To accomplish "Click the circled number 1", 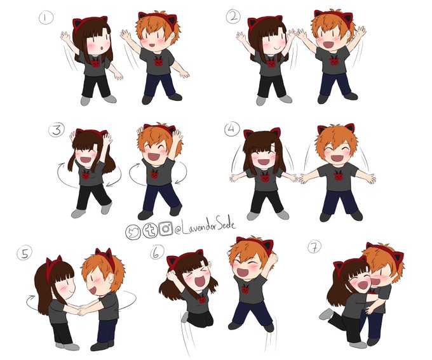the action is pyautogui.click(x=46, y=18).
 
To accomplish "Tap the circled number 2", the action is pyautogui.click(x=233, y=17).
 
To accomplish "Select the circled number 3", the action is pyautogui.click(x=57, y=130).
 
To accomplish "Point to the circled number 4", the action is pyautogui.click(x=232, y=130).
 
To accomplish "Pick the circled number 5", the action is pyautogui.click(x=25, y=254).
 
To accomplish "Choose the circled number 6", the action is pyautogui.click(x=157, y=253).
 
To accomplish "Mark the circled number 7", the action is pyautogui.click(x=314, y=247).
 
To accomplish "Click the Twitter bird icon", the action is pyautogui.click(x=133, y=232).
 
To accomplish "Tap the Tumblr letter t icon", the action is pyautogui.click(x=150, y=230).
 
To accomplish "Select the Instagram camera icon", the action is pyautogui.click(x=166, y=229).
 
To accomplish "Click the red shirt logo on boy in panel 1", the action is pyautogui.click(x=158, y=62).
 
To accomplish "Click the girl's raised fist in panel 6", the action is pyautogui.click(x=171, y=275).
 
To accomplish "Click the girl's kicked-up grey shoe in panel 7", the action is pyautogui.click(x=327, y=314).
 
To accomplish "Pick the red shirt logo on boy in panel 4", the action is pyautogui.click(x=338, y=177).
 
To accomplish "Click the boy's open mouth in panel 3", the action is pyautogui.click(x=154, y=157).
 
